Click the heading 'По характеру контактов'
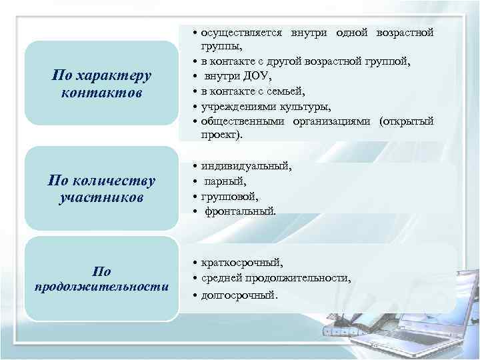101,83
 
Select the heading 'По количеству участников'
101,189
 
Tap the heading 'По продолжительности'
101,279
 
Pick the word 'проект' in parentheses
221,135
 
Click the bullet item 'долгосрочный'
239,294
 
